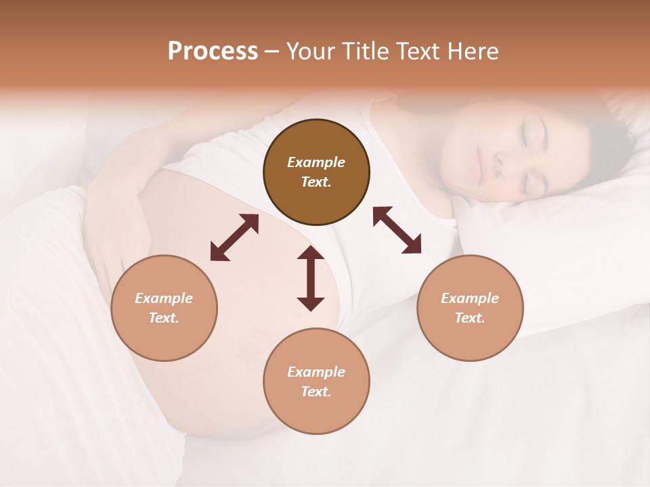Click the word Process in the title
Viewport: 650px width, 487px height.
[x=213, y=51]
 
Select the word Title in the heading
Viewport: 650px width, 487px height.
[x=365, y=51]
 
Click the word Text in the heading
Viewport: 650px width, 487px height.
[x=417, y=51]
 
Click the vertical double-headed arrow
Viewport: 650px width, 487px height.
[x=311, y=278]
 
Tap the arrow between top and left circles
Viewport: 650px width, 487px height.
[x=234, y=237]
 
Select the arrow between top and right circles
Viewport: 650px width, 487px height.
[x=397, y=230]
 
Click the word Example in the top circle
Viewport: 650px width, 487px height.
[x=316, y=162]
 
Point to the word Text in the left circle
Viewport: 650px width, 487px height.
[x=164, y=318]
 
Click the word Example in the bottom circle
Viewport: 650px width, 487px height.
[x=316, y=372]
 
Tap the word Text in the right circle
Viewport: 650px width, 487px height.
[x=470, y=318]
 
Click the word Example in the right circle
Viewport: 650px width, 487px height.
[x=470, y=298]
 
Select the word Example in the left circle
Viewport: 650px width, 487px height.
[x=164, y=298]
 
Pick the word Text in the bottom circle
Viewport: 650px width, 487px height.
[x=316, y=392]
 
